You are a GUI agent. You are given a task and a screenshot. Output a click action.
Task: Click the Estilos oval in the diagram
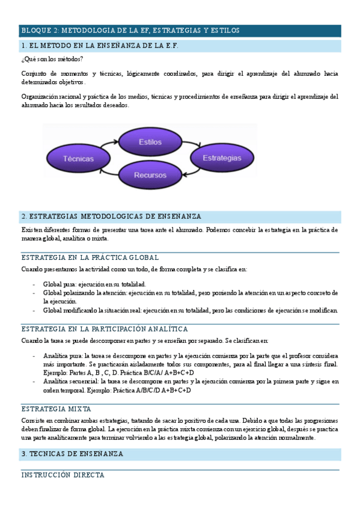click(150, 142)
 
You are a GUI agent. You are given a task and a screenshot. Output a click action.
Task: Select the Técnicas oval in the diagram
click(79, 159)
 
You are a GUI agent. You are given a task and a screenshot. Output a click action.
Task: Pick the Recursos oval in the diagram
click(150, 175)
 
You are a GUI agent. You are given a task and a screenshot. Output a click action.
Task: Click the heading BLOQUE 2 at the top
click(130, 29)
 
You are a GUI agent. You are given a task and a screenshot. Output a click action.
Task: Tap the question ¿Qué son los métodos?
click(52, 58)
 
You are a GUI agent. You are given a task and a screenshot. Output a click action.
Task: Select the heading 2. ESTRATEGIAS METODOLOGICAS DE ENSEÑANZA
click(111, 216)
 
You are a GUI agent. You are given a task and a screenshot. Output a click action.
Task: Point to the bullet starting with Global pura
click(94, 284)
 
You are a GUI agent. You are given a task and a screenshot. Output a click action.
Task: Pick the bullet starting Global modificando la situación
click(190, 310)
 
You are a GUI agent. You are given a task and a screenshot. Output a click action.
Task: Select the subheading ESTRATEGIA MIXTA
click(56, 408)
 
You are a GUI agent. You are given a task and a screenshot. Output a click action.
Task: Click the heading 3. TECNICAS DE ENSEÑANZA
click(72, 453)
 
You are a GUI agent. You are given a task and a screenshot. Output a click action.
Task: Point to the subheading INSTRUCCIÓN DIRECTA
click(63, 475)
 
